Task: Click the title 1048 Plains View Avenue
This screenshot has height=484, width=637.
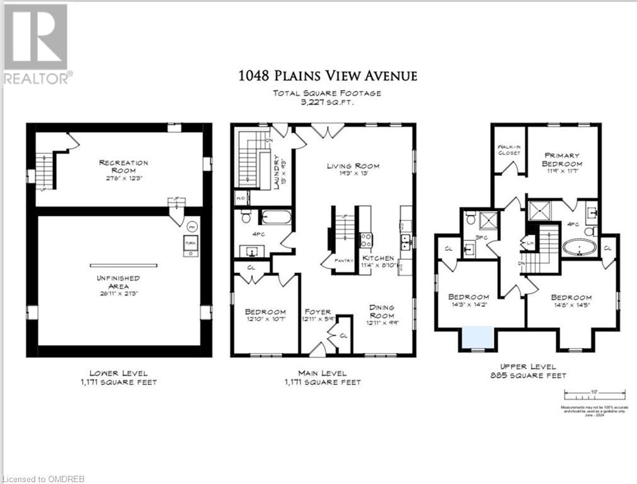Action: coord(327,76)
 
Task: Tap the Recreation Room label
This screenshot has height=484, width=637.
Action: coord(123,166)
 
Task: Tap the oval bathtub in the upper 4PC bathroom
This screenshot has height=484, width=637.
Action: coord(579,246)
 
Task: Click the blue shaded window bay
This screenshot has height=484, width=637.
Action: coord(477,337)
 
